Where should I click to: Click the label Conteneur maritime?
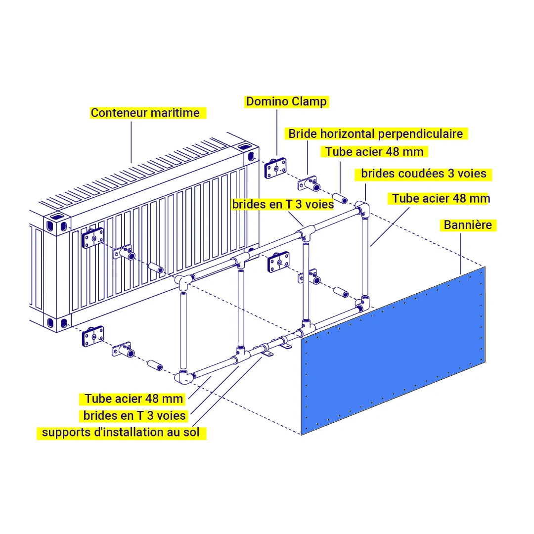(x=145, y=113)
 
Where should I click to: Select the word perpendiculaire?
(x=421, y=133)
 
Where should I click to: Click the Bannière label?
(x=467, y=225)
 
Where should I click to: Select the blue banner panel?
(x=394, y=352)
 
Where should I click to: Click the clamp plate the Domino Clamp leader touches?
(x=276, y=168)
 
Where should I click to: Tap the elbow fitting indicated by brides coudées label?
(x=364, y=208)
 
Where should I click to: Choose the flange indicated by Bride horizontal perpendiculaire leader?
(x=308, y=184)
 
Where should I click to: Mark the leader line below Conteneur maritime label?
(x=131, y=141)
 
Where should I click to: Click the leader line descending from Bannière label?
(x=461, y=252)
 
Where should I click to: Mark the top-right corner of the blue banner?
(x=485, y=267)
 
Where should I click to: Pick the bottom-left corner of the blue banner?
(x=301, y=435)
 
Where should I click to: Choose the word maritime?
(x=176, y=113)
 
